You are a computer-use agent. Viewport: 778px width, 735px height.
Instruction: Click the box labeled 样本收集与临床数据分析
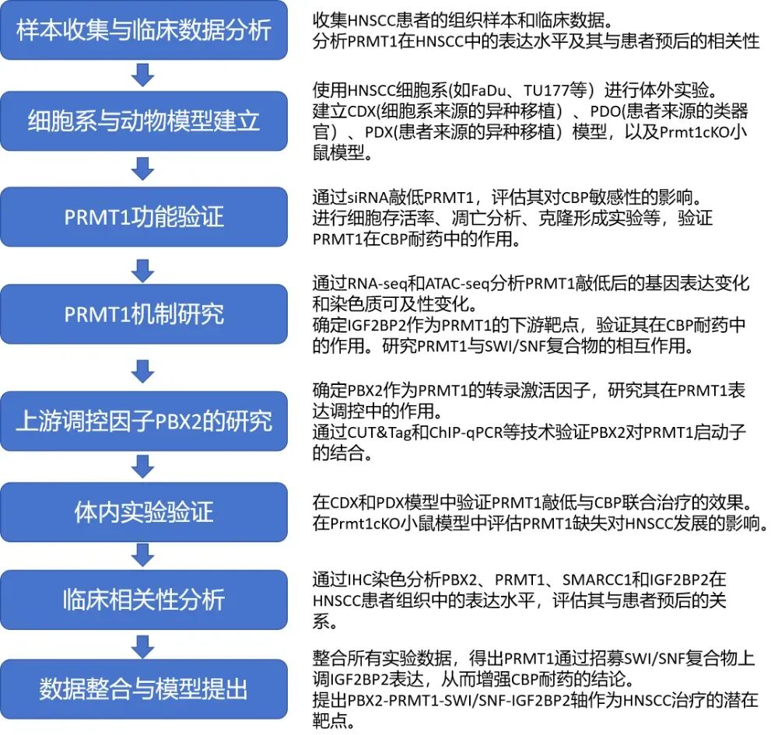[143, 30]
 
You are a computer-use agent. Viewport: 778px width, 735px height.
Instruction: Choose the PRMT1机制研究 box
[143, 313]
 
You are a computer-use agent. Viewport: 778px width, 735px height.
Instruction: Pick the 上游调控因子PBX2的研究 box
[143, 420]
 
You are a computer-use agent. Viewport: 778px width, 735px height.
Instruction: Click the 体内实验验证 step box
[143, 513]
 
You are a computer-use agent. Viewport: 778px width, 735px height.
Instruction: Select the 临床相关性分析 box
[143, 600]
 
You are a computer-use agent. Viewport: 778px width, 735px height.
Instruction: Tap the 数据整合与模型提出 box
[143, 688]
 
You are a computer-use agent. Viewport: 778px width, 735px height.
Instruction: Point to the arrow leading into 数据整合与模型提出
[142, 645]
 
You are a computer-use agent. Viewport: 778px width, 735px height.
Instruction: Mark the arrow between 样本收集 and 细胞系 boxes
[142, 75]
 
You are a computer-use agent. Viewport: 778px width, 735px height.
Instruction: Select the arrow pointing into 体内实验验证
[142, 466]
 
